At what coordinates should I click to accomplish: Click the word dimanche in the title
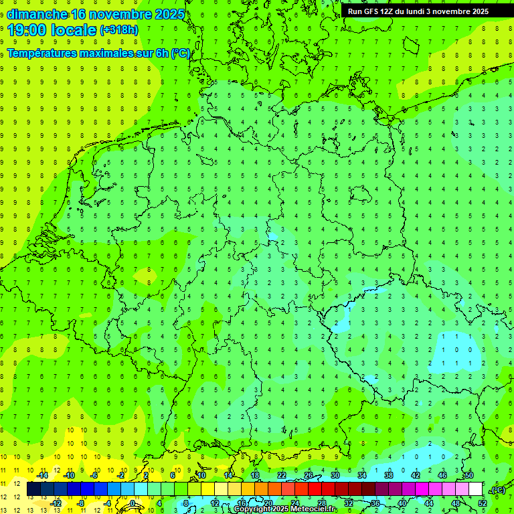[37, 14]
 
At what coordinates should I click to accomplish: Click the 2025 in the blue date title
[165, 14]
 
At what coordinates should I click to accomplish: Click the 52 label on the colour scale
[482, 503]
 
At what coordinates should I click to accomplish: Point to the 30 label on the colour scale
[335, 475]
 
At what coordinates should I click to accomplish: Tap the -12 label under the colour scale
[56, 503]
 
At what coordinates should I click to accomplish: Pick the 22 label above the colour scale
[282, 475]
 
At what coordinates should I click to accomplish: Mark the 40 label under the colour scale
[402, 503]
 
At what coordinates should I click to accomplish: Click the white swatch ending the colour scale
[475, 489]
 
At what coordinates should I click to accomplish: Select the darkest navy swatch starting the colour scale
[33, 489]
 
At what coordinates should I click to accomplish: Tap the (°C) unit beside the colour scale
[497, 490]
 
